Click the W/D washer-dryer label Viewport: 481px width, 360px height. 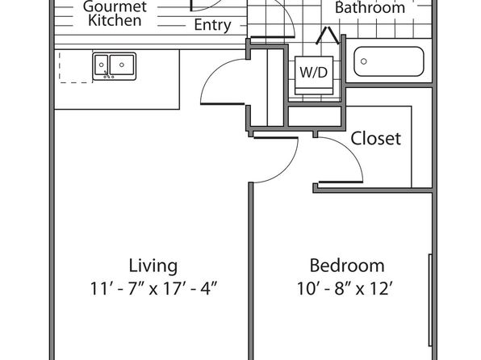(x=313, y=73)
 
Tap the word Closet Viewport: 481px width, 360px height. (x=375, y=138)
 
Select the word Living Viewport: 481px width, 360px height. (x=153, y=266)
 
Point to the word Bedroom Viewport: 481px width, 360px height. (x=347, y=266)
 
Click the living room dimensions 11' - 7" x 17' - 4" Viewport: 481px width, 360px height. (x=153, y=288)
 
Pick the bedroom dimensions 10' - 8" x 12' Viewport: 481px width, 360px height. (x=345, y=288)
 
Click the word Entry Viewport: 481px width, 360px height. (x=212, y=25)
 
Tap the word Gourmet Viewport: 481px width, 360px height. (x=115, y=6)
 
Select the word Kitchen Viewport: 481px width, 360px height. (x=115, y=20)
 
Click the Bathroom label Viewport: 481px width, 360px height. (x=370, y=8)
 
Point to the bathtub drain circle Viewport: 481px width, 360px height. (x=363, y=61)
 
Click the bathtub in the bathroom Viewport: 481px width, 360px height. (x=389, y=61)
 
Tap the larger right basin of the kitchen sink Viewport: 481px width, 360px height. (x=122, y=65)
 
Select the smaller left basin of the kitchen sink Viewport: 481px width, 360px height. (x=101, y=65)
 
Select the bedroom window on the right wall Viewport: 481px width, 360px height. (x=430, y=300)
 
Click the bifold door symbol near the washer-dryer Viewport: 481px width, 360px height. (x=328, y=36)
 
